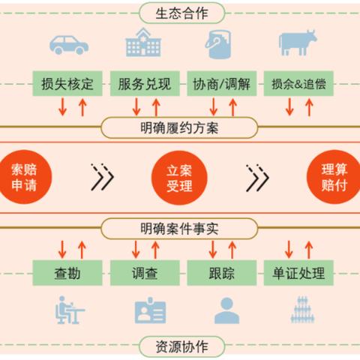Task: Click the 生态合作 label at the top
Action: point(182,13)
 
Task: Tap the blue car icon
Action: point(69,45)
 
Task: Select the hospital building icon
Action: point(143,42)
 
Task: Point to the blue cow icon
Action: point(298,43)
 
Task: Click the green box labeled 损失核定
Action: point(67,83)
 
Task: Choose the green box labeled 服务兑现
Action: point(145,83)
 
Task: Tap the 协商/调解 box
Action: point(222,83)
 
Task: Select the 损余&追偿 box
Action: point(298,83)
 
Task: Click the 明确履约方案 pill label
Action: point(179,127)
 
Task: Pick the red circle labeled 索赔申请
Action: point(24,177)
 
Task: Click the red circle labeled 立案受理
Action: point(179,178)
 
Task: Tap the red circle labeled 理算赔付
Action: point(334,177)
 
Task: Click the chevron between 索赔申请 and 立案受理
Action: point(103,177)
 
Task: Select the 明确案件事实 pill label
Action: point(179,229)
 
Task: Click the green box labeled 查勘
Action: point(67,273)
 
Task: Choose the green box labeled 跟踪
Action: point(222,273)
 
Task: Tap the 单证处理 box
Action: point(298,273)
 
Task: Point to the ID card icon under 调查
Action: point(150,310)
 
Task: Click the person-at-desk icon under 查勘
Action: point(70,310)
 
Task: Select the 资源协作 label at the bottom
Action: point(182,346)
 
